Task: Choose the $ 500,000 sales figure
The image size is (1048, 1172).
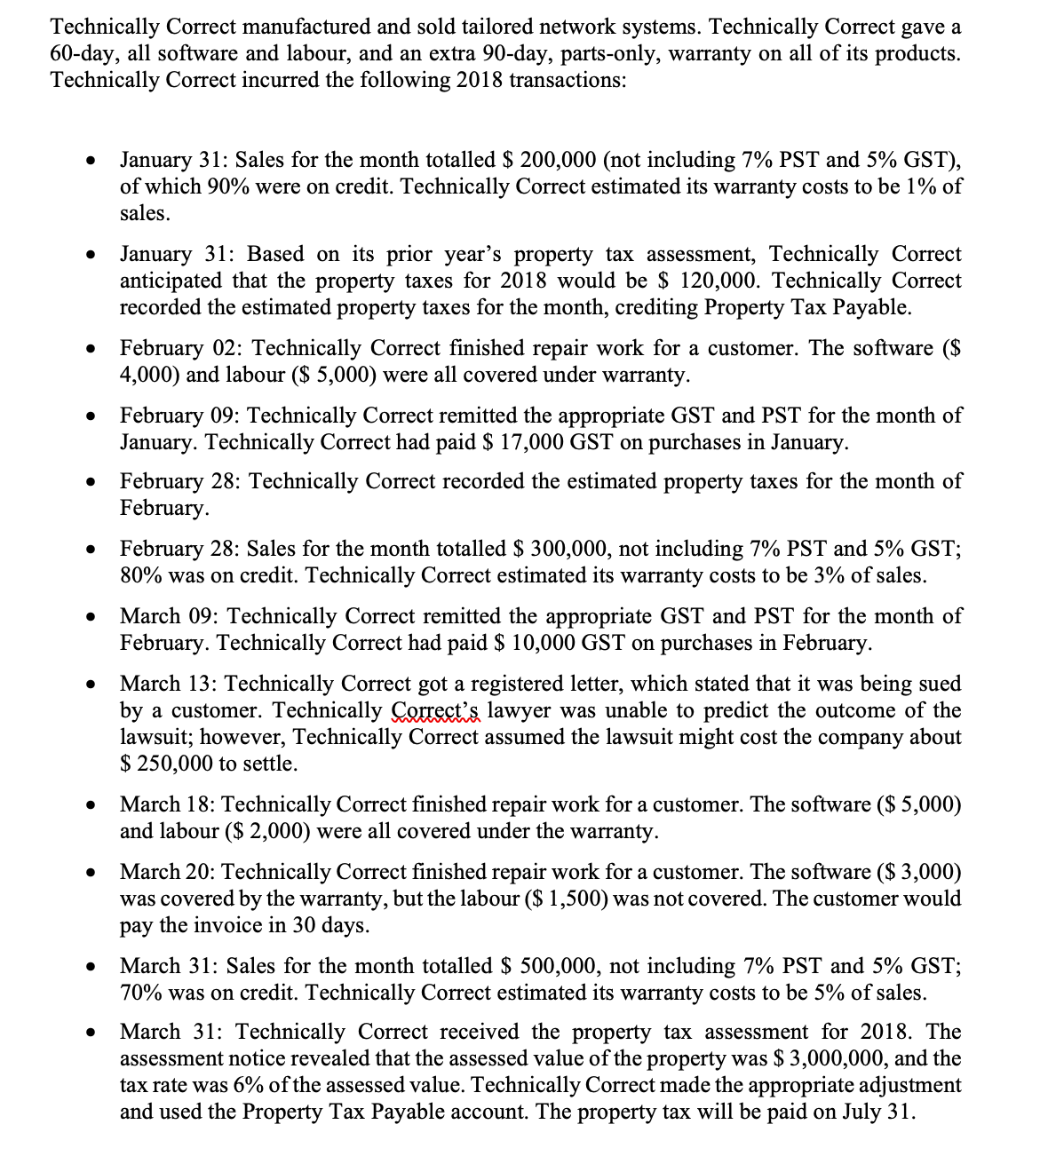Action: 550,966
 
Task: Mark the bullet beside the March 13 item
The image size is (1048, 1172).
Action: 90,685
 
